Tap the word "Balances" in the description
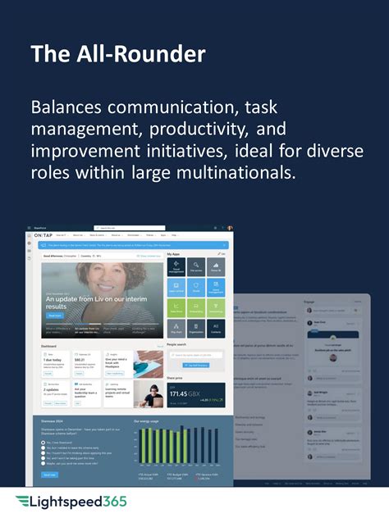point(69,108)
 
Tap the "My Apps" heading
point(174,254)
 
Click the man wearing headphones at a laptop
point(147,393)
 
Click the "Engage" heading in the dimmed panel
point(309,302)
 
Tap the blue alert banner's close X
point(227,245)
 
